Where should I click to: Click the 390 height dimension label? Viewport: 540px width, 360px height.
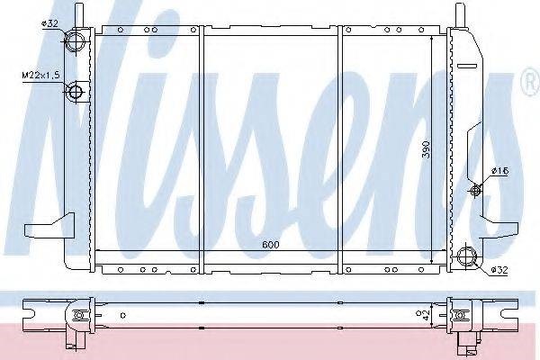coord(427,148)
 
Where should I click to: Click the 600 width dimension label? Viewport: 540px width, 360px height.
coord(271,245)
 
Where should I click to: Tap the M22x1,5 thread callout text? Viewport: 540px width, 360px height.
coord(41,75)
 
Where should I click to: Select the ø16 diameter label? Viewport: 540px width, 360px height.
coord(500,170)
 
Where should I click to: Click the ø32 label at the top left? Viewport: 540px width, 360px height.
coord(49,23)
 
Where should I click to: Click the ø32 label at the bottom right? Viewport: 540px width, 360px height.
coord(499,270)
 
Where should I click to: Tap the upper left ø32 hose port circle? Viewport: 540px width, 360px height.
coord(75,41)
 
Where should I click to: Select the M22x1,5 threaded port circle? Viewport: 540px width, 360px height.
coord(76,92)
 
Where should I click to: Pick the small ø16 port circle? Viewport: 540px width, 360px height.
coord(475,190)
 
